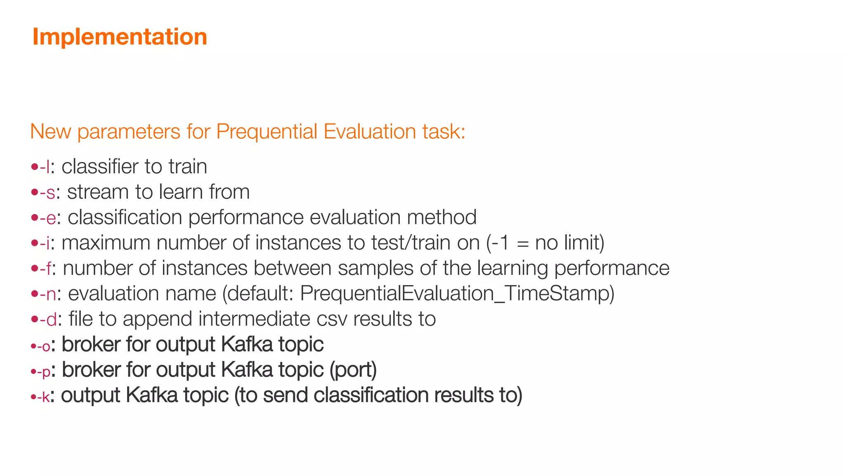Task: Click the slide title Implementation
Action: [120, 37]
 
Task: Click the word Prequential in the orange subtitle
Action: [267, 132]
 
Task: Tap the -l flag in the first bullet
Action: [45, 167]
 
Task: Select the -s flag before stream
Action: [48, 193]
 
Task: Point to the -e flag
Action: [48, 218]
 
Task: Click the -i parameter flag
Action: [45, 243]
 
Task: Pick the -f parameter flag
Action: [46, 269]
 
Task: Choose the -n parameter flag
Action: [48, 294]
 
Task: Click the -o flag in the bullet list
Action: [44, 346]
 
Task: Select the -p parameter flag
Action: [44, 371]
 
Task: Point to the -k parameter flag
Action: [44, 397]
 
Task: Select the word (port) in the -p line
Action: [353, 370]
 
